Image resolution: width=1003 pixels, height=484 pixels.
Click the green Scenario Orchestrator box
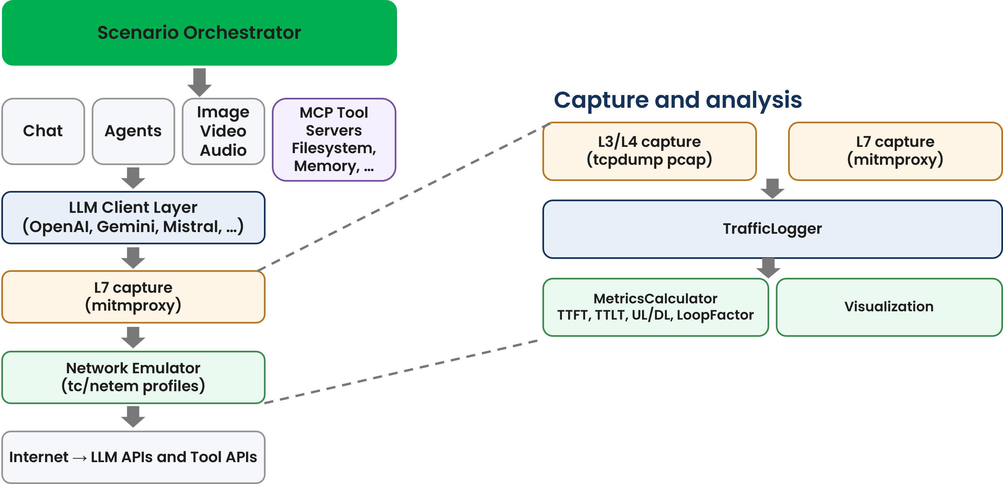(199, 33)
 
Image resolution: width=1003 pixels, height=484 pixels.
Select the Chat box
(43, 131)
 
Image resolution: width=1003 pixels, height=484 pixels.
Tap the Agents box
(133, 131)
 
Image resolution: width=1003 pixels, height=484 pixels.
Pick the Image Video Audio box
(223, 131)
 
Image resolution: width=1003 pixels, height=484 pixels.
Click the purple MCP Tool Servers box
(334, 139)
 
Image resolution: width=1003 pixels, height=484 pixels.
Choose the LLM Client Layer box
(133, 217)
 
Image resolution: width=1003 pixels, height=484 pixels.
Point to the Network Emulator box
(133, 377)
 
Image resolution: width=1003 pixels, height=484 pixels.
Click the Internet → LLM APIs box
(133, 457)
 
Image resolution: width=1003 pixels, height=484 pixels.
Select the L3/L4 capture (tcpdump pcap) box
(649, 151)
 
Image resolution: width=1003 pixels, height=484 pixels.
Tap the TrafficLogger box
(772, 229)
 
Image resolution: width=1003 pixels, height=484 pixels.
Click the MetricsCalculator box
(655, 307)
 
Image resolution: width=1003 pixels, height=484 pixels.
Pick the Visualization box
(889, 307)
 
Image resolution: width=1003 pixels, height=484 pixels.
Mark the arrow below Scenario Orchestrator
(199, 82)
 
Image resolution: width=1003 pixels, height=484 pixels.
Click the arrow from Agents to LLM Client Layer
(133, 178)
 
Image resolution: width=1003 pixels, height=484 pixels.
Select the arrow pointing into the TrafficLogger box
(772, 189)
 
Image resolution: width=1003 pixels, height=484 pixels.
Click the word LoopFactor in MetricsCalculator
(715, 315)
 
